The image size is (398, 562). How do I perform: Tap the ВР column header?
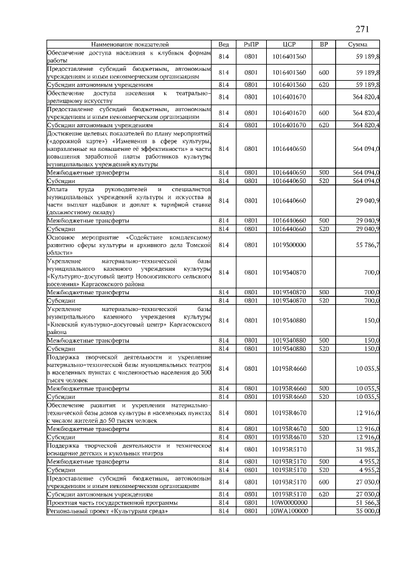point(323,45)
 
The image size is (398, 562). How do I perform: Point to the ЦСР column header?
point(288,45)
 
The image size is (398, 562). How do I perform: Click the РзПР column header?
point(251,45)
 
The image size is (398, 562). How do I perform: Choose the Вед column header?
point(224,45)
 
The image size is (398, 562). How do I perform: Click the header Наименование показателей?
point(130,45)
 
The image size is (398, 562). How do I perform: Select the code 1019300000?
point(288,245)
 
